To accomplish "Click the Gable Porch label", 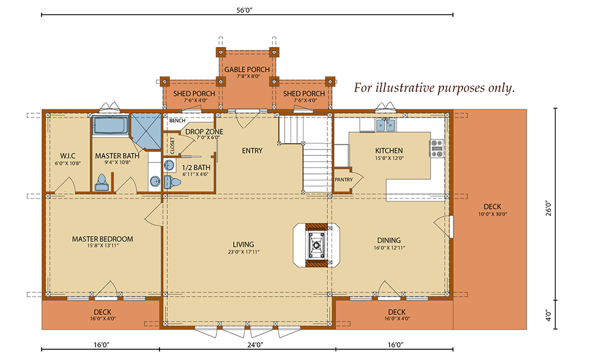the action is tap(247, 69).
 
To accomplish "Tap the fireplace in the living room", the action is tap(317, 245).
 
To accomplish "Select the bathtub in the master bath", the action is tap(110, 126).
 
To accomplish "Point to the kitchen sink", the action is tap(385, 125).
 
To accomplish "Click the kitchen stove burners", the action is tap(437, 148).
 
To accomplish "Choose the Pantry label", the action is tap(344, 180).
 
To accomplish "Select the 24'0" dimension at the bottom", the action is tap(255, 345).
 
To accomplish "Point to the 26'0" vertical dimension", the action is tap(549, 208).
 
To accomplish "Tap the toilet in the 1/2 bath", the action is tap(172, 182).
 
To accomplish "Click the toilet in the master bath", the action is tap(102, 182).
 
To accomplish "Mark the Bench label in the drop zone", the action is tap(177, 120).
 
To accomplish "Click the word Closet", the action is tap(173, 145).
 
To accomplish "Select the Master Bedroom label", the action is tap(103, 239).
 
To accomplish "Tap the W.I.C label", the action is tap(68, 156).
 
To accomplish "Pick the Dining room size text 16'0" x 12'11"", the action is tap(389, 248).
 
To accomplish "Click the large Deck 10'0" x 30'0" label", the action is tap(492, 210).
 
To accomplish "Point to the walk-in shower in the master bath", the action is tap(146, 130).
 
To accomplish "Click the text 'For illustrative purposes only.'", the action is tap(435, 88).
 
